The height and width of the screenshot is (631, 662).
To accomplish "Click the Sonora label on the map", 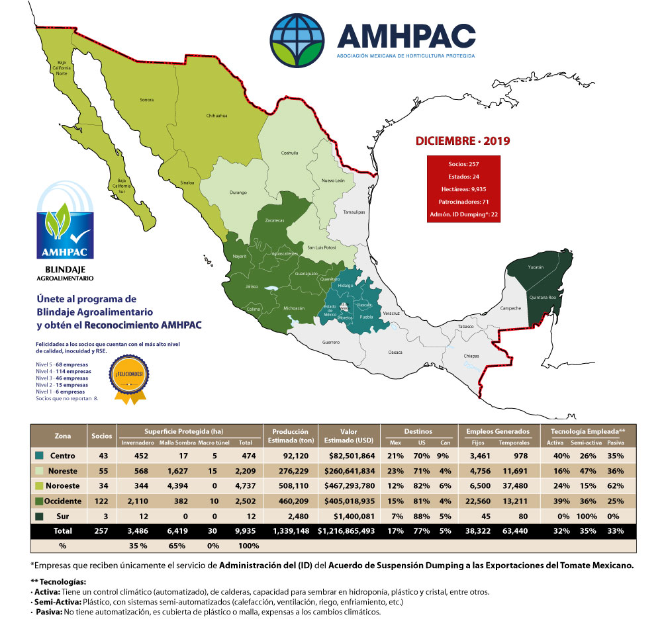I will pos(146,100).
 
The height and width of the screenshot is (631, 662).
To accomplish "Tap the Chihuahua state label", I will pos(217,115).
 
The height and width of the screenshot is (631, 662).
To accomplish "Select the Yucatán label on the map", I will pos(536,267).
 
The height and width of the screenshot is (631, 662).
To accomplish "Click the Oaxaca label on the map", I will pos(395,353).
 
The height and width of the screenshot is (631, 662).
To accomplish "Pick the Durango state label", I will pos(238,192).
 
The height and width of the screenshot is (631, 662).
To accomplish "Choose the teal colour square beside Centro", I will pos(40,456).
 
